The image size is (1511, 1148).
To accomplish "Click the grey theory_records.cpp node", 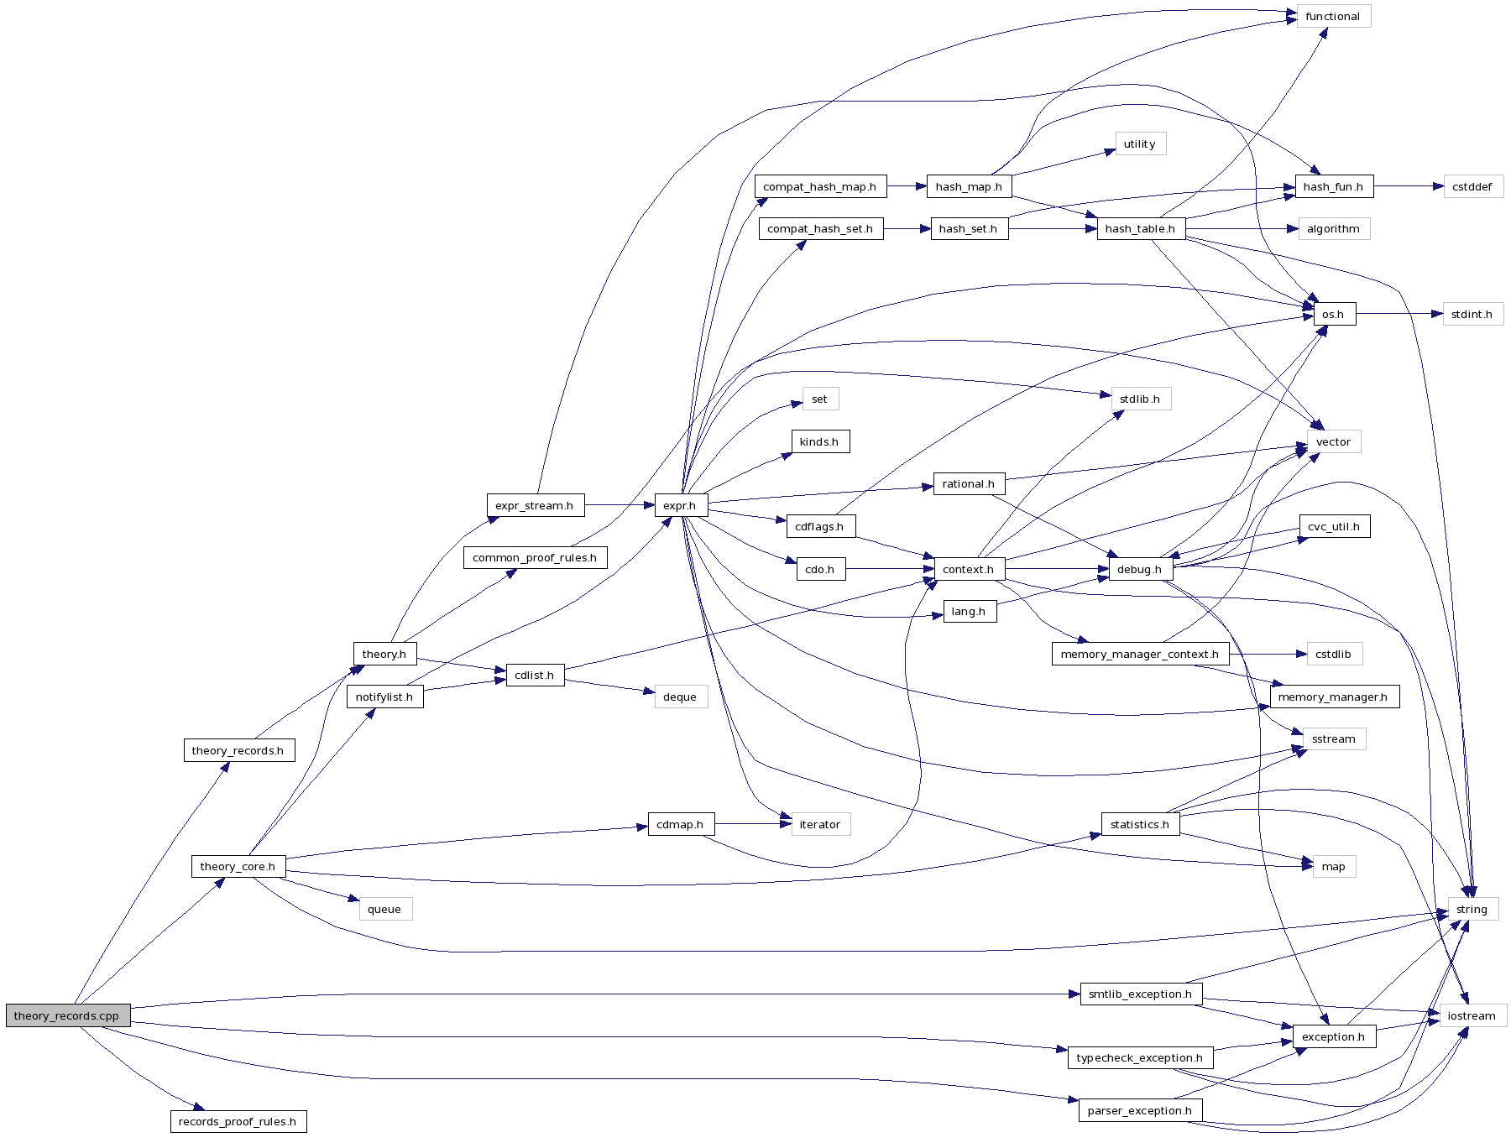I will coord(67,1015).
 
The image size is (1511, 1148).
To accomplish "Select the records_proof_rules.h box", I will coord(238,1121).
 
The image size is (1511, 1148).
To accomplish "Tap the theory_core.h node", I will coord(238,866).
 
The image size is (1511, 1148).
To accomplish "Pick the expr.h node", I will coord(680,505).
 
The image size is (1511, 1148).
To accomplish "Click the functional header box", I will coord(1332,16).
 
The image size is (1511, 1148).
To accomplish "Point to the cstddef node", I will coord(1472,186).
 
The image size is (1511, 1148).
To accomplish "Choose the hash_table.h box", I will coord(1140,228).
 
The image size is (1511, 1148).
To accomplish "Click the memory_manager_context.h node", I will coord(1139,654).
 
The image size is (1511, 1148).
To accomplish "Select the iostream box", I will coord(1472,1015).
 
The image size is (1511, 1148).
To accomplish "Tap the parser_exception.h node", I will coord(1139,1110).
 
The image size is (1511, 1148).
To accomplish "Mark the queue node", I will coord(384,909).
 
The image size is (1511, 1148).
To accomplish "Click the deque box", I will coord(680,697).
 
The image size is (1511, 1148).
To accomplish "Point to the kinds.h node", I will coord(819,441).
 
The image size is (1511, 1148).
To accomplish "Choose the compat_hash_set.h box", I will coord(820,228).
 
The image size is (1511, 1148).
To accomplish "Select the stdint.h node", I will coord(1472,314).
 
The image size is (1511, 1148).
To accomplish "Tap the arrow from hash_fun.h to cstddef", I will coord(1409,186).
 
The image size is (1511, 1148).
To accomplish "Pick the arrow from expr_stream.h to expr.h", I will coord(620,505).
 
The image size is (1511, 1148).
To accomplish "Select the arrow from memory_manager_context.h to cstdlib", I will coord(1268,654).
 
